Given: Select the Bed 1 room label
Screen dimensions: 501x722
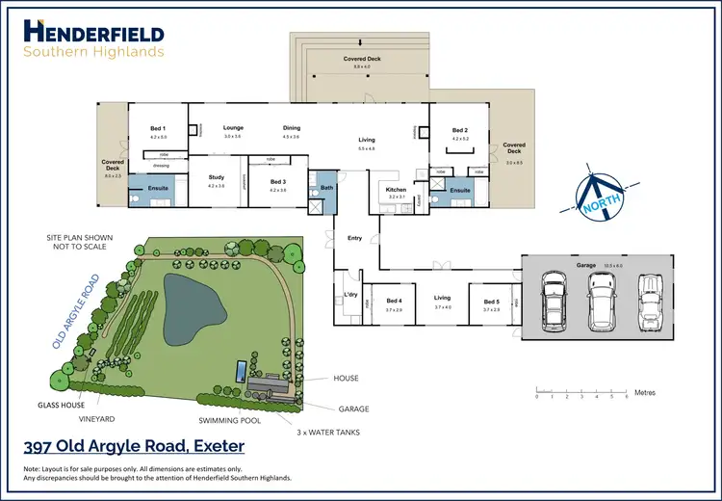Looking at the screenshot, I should pos(158,128).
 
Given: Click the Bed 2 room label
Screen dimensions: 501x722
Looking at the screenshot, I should pos(459,130).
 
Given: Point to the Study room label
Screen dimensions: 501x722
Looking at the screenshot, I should pos(216,177).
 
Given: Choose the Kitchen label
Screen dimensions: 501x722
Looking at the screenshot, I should pos(397,190).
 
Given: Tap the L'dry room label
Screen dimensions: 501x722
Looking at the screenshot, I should pos(350,294).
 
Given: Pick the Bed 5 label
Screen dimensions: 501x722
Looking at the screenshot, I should pos(491,302).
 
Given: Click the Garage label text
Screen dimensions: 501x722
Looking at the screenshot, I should pos(586,264).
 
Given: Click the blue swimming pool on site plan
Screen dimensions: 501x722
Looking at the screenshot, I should pos(238,370).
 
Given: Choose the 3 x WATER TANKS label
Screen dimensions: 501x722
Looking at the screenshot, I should pos(327,433).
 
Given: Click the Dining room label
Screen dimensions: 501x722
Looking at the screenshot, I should pos(291,128).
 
